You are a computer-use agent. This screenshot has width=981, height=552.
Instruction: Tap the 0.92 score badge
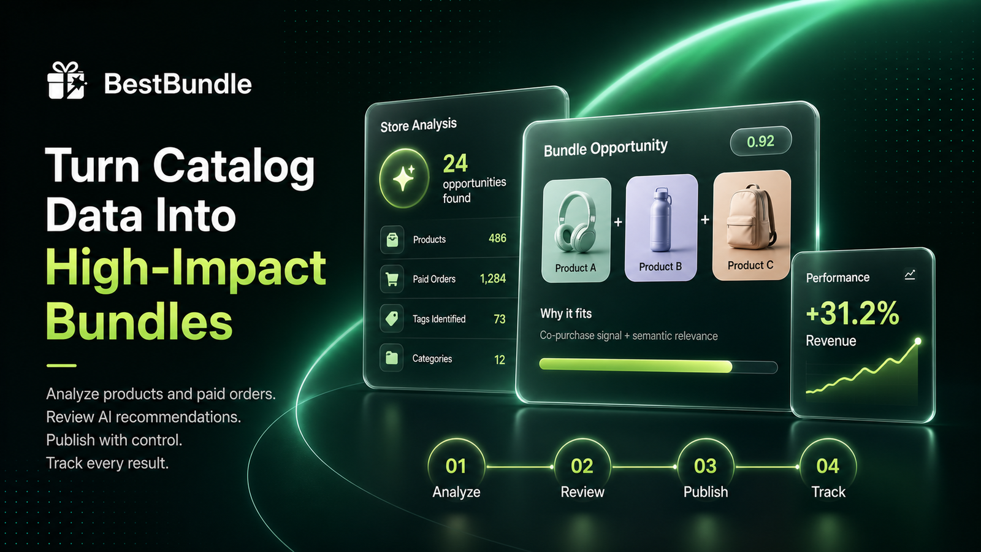coord(761,141)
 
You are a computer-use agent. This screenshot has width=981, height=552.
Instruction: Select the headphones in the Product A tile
coord(575,223)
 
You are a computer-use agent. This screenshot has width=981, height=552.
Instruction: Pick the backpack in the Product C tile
coord(750,217)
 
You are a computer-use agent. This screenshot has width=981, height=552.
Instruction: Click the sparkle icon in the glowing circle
coord(404,178)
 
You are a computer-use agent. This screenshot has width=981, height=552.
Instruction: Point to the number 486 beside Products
coord(497,239)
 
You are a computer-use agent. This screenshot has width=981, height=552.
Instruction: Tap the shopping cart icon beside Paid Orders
coord(392,279)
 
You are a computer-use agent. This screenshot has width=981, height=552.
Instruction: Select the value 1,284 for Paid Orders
coord(493,278)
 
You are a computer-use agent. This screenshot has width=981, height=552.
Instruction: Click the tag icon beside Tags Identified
coord(392,318)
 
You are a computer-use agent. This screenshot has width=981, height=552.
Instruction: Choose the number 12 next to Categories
coord(500,359)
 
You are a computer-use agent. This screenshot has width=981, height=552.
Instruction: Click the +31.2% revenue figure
coord(852,313)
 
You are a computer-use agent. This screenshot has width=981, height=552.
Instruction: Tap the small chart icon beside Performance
coord(910,275)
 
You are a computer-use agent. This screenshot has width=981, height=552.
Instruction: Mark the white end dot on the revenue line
coord(917,341)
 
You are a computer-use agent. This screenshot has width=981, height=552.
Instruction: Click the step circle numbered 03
coord(705,466)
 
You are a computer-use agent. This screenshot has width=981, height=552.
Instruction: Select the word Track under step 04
coord(828,492)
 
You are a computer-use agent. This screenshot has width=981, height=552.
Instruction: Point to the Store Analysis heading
coord(418,125)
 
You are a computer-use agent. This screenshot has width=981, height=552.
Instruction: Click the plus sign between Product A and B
coord(618,222)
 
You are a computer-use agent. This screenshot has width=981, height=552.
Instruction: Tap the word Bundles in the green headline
coord(139,321)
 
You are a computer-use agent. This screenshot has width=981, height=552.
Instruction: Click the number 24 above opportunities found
coord(456,164)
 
